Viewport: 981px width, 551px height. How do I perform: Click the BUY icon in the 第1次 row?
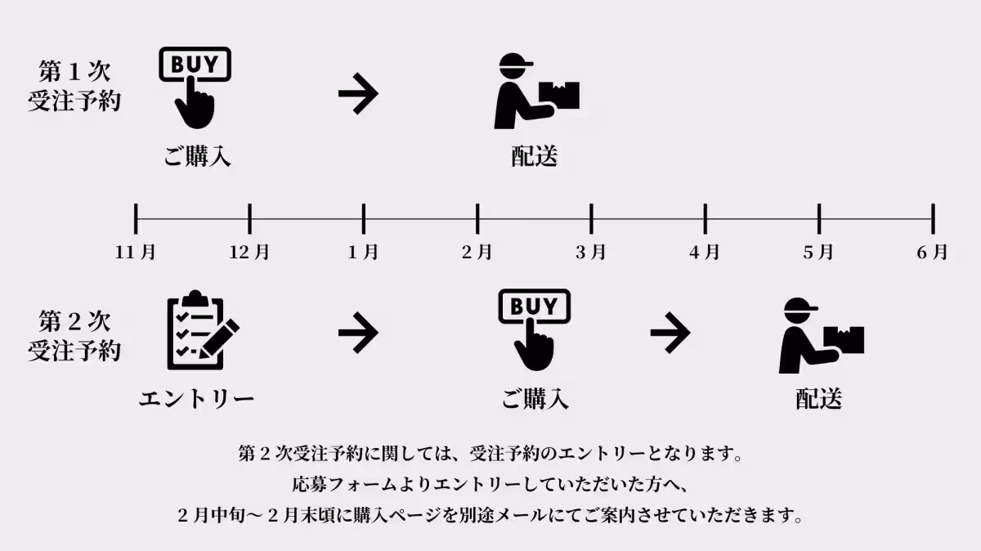tap(195, 87)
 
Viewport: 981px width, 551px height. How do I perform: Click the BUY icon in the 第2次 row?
tap(534, 330)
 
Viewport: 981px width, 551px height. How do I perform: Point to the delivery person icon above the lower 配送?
tap(819, 335)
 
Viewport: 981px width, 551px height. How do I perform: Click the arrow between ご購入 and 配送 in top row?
tap(358, 95)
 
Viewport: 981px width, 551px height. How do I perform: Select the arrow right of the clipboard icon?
tap(358, 333)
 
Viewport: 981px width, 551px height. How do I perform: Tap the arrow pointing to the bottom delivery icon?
tap(670, 333)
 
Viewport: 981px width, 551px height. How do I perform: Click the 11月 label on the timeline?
tap(136, 253)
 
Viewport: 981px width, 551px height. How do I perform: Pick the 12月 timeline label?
tap(249, 253)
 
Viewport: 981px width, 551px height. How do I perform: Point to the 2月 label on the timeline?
tap(477, 253)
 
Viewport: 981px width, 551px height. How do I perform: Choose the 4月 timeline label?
tap(705, 253)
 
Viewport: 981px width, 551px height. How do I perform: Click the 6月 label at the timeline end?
tap(933, 253)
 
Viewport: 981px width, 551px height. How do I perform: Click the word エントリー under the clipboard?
tap(196, 399)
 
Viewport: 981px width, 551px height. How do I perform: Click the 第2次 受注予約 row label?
tap(74, 335)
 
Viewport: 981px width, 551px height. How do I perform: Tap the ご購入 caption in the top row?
tap(197, 156)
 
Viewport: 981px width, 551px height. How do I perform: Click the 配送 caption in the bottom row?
tap(819, 399)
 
